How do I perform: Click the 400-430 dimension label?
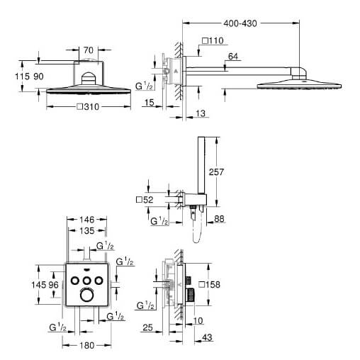240,23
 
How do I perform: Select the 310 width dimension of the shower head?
89,107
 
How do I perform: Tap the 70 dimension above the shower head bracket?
89,50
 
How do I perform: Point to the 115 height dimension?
22,77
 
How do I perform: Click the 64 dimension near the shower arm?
233,57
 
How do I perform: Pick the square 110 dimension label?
213,40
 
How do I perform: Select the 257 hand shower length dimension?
216,172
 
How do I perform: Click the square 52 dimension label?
145,200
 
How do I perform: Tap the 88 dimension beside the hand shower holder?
219,219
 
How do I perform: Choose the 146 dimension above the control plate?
87,220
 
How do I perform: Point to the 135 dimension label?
87,230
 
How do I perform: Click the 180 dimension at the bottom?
87,346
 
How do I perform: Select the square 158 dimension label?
209,285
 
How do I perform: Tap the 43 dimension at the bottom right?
207,337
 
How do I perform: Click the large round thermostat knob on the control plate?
86,296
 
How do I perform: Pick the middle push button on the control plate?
86,281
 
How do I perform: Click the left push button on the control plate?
75,281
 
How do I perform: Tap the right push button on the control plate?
99,281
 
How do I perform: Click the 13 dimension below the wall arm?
201,113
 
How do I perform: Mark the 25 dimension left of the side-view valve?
148,327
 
